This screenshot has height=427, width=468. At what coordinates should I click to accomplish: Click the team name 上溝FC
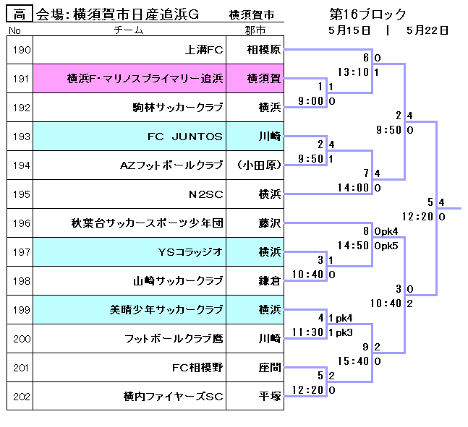[204, 50]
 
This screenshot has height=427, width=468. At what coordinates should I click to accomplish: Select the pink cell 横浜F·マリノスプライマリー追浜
[145, 79]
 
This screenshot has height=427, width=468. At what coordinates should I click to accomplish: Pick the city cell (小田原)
[258, 165]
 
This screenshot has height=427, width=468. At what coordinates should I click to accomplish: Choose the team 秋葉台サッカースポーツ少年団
[148, 223]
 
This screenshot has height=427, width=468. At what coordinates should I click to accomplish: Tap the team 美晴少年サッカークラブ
[166, 310]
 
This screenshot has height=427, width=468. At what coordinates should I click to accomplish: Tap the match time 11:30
[307, 332]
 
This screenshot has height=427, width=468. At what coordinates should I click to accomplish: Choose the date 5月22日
[427, 30]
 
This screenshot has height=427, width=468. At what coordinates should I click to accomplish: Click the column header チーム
[129, 30]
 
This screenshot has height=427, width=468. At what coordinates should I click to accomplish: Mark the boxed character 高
[20, 14]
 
